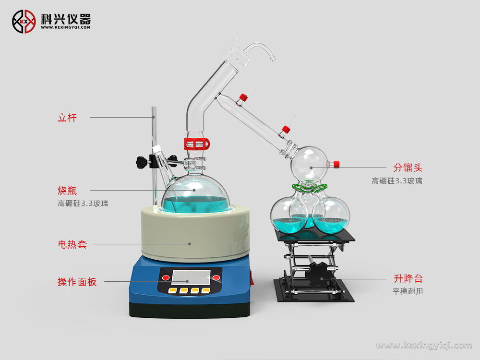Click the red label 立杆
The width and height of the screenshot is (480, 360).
(x=67, y=117)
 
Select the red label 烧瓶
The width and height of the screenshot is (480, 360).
(x=67, y=190)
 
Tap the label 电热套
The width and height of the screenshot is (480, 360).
(x=72, y=244)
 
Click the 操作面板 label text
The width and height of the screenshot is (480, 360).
(x=77, y=282)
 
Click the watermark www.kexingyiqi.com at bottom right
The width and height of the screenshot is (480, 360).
(x=424, y=345)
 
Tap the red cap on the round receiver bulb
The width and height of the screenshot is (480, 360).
(x=336, y=165)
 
